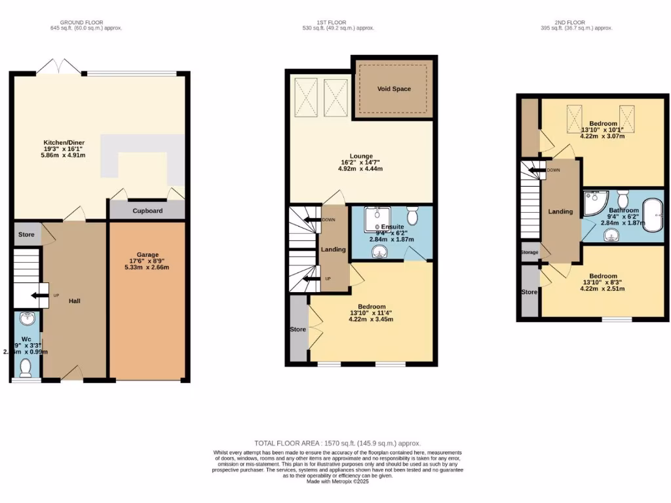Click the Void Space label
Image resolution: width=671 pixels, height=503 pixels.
(394, 88)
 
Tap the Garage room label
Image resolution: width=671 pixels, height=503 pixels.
(148, 255)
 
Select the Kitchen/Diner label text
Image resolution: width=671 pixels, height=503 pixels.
(64, 142)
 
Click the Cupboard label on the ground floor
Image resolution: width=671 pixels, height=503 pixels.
(147, 211)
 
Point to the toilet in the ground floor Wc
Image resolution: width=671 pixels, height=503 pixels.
(26, 367)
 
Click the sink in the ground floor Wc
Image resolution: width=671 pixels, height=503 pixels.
(27, 320)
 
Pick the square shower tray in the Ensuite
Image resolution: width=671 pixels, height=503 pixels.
(377, 219)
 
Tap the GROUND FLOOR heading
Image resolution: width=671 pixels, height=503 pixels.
(86, 22)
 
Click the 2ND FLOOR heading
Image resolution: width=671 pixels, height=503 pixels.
(566, 22)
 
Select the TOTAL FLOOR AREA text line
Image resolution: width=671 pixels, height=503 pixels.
(337, 443)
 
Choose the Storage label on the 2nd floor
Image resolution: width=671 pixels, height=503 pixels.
(529, 252)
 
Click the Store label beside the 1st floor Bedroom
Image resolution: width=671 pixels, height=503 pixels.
(298, 329)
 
